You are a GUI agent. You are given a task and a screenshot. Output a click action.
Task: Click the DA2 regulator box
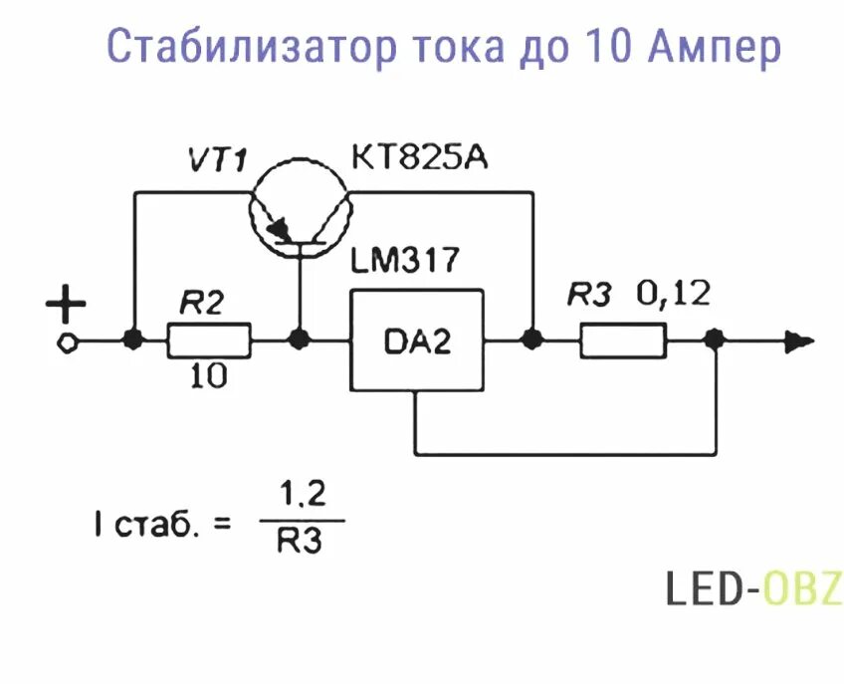tap(417, 341)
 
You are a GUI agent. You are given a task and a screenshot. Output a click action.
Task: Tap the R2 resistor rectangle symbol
tap(209, 341)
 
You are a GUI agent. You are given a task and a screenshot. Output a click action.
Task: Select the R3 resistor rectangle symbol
tap(623, 341)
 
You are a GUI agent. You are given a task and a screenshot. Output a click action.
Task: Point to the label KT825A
tap(419, 158)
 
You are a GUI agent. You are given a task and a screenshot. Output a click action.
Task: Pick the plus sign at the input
tap(67, 306)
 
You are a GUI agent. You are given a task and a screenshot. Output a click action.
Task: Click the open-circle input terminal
tap(67, 342)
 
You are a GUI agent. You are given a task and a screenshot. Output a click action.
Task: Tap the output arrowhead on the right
tap(796, 341)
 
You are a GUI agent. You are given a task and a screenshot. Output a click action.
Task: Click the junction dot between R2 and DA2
tap(298, 341)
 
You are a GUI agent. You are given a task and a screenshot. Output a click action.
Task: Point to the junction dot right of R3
tap(714, 341)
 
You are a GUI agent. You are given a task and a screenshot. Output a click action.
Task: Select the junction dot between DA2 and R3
tap(532, 341)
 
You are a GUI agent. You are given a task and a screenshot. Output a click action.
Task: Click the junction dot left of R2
tap(132, 341)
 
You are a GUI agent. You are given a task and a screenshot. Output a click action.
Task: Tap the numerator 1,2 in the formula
tap(303, 495)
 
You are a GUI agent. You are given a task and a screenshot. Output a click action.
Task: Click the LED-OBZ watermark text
tap(753, 589)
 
